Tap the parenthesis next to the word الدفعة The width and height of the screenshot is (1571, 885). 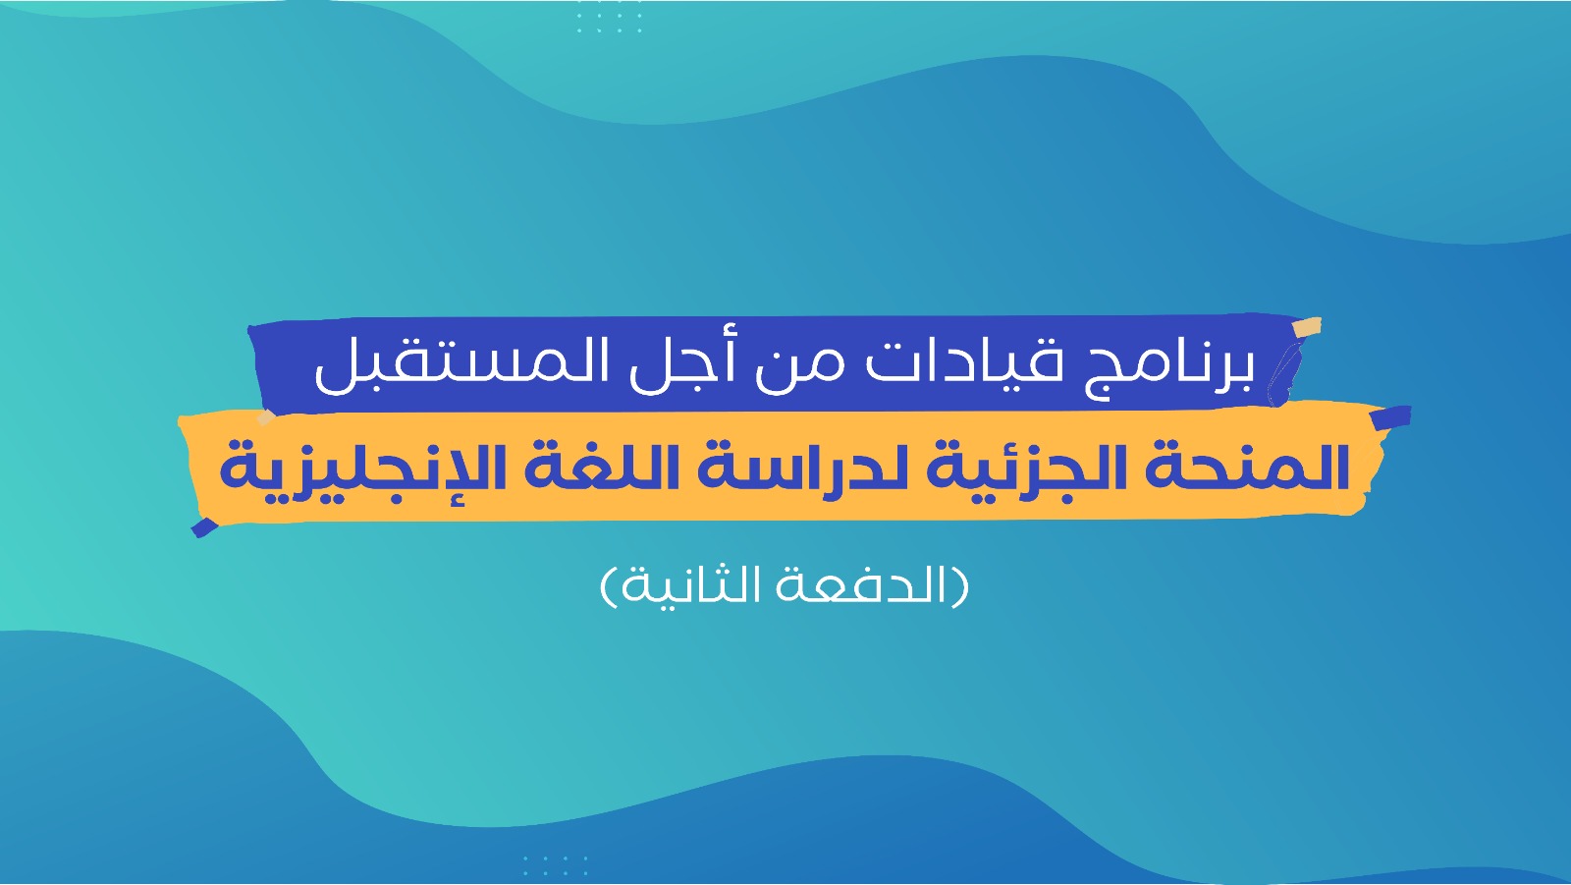[960, 586]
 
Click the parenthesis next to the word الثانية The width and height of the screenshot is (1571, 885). [609, 586]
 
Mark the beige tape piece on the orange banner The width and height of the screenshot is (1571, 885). [266, 417]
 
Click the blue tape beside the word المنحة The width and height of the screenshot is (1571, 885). [1390, 417]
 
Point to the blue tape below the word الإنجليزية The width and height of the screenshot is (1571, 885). [204, 527]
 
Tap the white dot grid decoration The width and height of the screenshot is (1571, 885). [609, 17]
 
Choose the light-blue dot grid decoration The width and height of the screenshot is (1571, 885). [555, 865]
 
